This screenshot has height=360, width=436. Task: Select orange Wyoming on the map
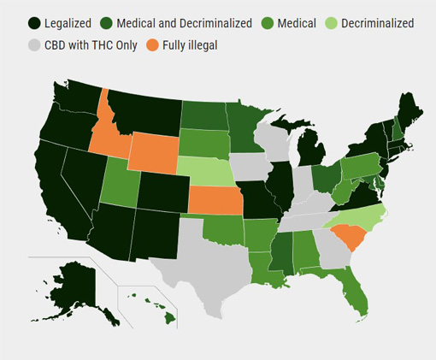(154, 155)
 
